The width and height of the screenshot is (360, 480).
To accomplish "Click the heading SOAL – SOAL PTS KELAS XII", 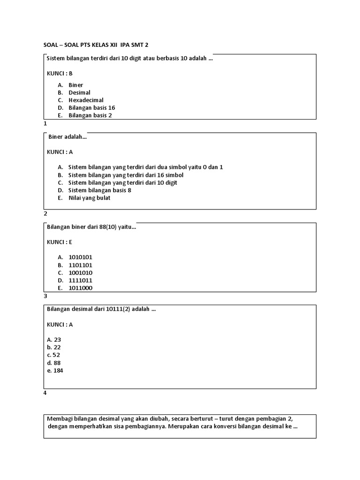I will pos(98,45).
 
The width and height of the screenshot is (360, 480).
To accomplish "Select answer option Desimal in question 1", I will pos(79,92).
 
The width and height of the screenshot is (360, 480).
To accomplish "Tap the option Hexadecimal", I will pos(86,100).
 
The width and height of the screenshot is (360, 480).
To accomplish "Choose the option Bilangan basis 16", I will pos(91,107).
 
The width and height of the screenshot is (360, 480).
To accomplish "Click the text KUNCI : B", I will pos(60,73).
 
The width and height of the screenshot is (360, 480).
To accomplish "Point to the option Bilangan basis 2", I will pos(90,115).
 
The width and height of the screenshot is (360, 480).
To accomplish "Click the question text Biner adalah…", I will pos(67,137).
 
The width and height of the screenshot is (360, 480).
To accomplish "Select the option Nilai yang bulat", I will pos(89,197).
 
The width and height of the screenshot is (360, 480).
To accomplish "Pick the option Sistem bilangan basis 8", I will pos(99,190).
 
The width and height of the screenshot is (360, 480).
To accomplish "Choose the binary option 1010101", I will pos(80,257).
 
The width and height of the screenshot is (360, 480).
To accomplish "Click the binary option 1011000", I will pos(80,288).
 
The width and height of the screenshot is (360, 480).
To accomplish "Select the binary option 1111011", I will pos(80,280).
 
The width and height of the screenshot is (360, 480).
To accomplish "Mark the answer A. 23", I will pos(54,339).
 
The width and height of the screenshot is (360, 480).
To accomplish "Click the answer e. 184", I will pos(55,370).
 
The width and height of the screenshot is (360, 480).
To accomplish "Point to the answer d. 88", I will pos(54,362).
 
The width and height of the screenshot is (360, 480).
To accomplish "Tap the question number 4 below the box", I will pos(45,393).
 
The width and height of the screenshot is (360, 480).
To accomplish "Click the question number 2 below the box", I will pos(45,213).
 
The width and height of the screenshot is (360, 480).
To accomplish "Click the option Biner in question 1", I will pos(75,85).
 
